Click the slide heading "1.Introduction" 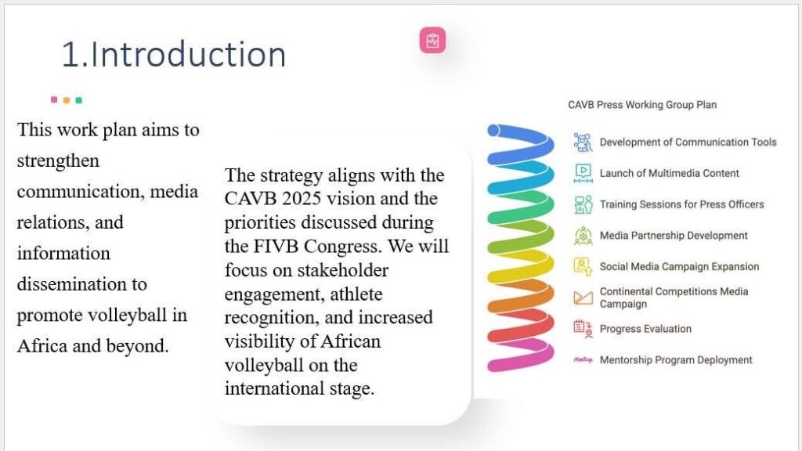pyautogui.click(x=173, y=54)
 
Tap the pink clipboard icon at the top pyautogui.click(x=432, y=41)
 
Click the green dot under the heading pyautogui.click(x=79, y=100)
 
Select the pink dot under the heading pyautogui.click(x=54, y=99)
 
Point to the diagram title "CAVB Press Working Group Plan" pyautogui.click(x=642, y=105)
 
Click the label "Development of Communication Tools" pyautogui.click(x=688, y=143)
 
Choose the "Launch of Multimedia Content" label pyautogui.click(x=669, y=173)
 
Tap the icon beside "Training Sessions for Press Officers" pyautogui.click(x=583, y=204)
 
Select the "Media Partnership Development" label pyautogui.click(x=674, y=236)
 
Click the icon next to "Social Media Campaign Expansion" pyautogui.click(x=583, y=266)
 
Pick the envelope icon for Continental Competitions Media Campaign pyautogui.click(x=583, y=298)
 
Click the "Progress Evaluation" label pyautogui.click(x=645, y=329)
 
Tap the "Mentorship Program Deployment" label pyautogui.click(x=676, y=360)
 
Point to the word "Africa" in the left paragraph pyautogui.click(x=42, y=346)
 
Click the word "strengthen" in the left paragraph pyautogui.click(x=58, y=161)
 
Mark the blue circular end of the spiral pyautogui.click(x=493, y=131)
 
